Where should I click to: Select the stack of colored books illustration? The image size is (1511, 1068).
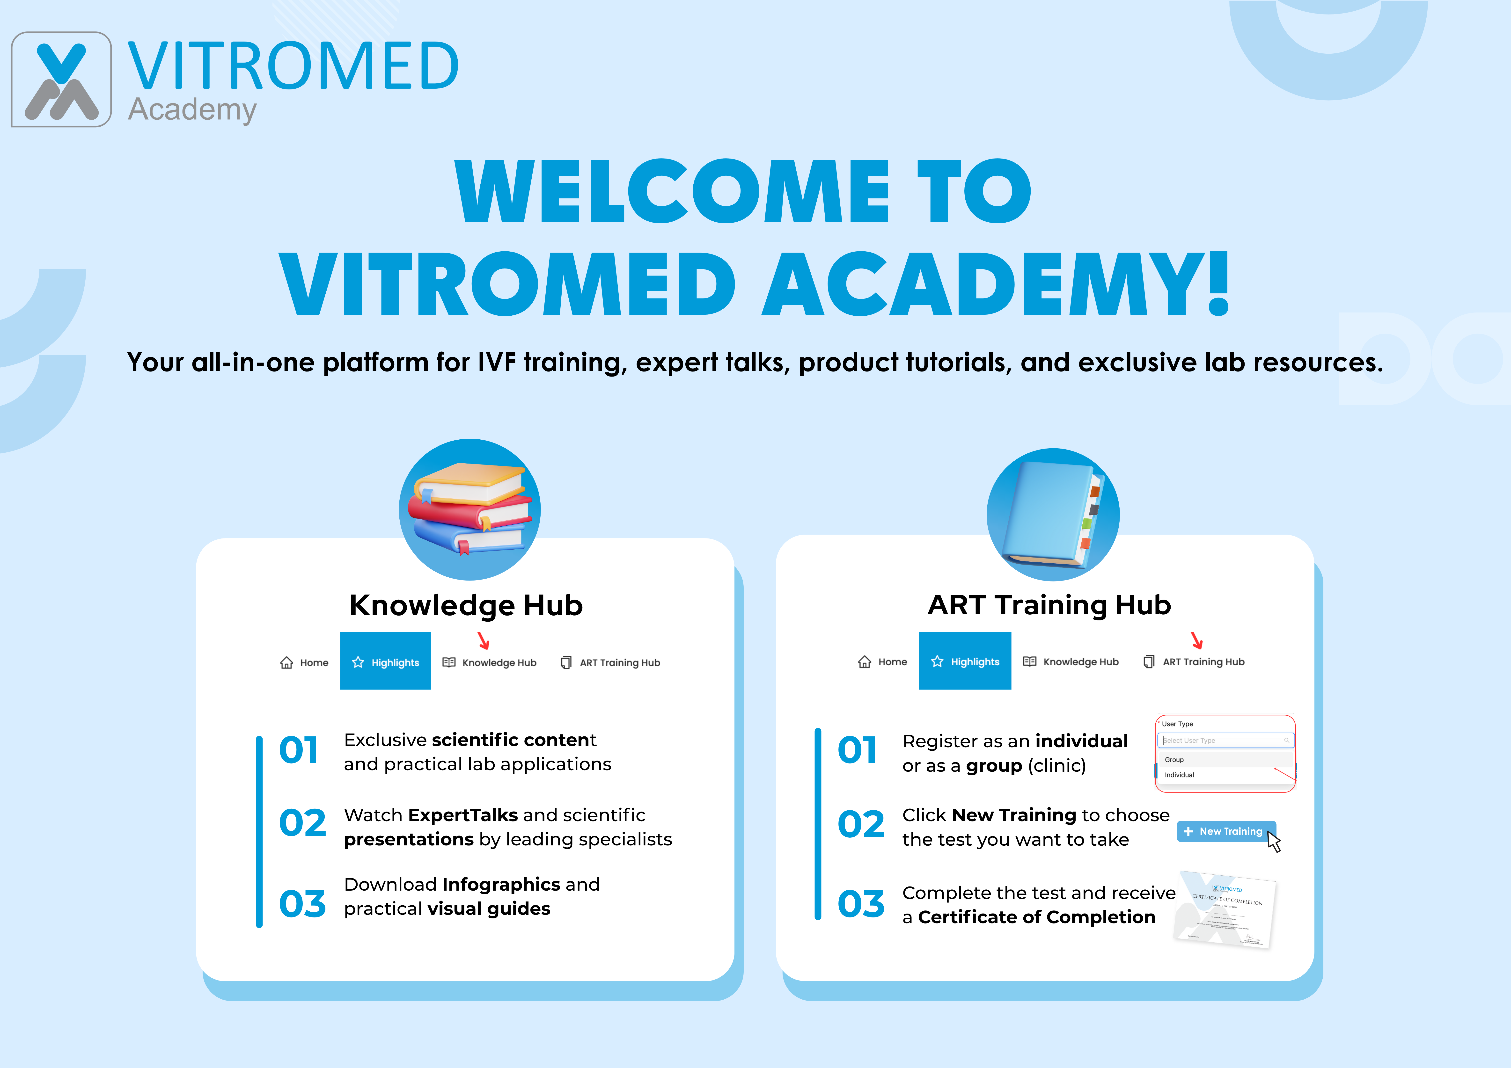469,509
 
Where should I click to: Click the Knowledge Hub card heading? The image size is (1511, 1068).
466,605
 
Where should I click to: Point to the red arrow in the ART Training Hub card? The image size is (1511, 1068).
1197,639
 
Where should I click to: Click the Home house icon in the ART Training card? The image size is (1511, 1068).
864,661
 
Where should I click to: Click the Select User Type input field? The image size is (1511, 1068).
1224,740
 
